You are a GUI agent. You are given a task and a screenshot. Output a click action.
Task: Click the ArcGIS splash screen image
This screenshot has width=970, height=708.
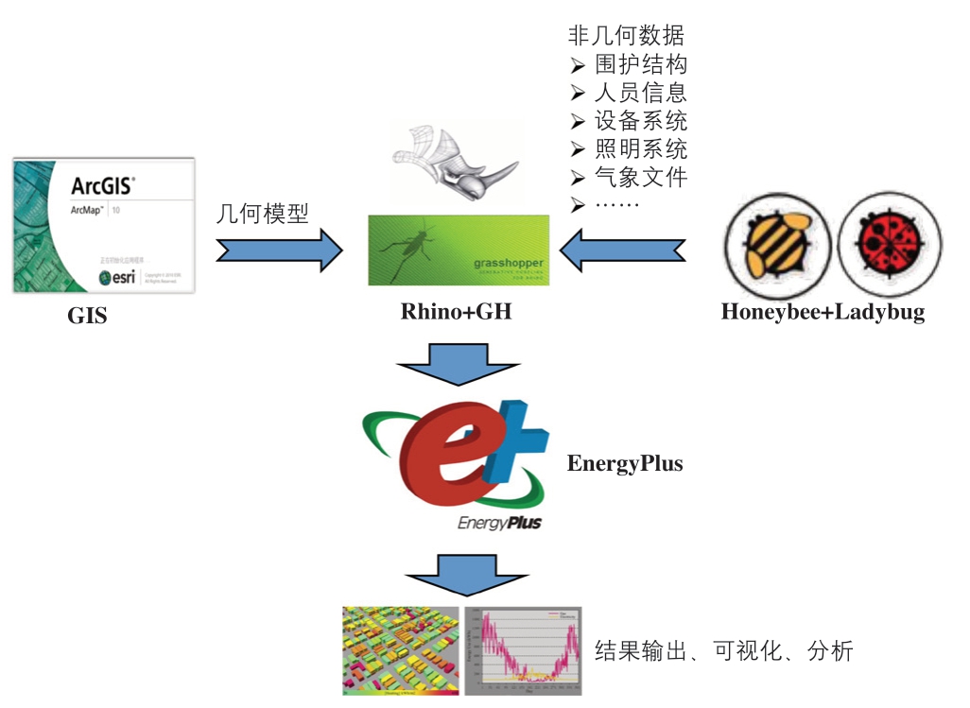pos(104,226)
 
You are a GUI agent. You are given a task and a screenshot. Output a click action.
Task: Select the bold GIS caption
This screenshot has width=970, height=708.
pos(87,316)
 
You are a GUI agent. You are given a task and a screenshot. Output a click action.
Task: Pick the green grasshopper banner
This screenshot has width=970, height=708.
pos(458,250)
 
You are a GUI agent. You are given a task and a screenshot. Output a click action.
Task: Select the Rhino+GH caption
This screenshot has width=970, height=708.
pos(456,310)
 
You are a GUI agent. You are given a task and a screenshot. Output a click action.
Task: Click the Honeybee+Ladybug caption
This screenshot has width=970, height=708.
pos(823,312)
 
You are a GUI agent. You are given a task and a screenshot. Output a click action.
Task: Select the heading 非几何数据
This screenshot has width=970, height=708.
pos(626,36)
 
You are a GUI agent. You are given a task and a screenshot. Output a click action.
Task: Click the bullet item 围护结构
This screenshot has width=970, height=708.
pos(640,64)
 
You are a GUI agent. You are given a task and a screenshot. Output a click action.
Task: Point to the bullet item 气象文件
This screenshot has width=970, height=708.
pos(640,176)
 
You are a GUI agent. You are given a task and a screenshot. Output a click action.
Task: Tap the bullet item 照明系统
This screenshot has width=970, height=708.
pos(640,148)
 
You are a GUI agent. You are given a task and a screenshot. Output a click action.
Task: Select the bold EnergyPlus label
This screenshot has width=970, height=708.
pos(625,463)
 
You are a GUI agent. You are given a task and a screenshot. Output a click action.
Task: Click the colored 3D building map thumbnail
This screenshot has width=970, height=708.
pos(400,651)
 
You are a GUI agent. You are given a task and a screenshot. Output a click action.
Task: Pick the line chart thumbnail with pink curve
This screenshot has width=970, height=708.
pos(523,651)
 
